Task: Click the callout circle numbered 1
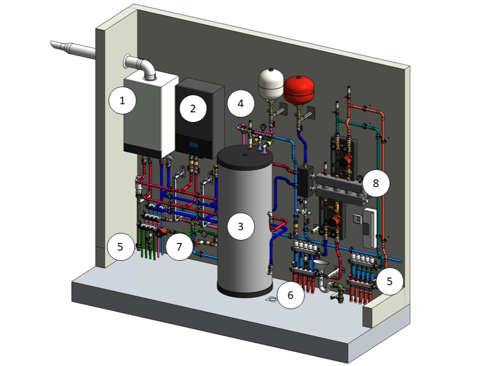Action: pyautogui.click(x=122, y=101)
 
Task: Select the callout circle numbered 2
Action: pyautogui.click(x=193, y=108)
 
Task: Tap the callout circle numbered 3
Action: pyautogui.click(x=240, y=227)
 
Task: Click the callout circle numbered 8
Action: pyautogui.click(x=376, y=183)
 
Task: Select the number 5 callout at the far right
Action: pyautogui.click(x=389, y=281)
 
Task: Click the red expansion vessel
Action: pyautogui.click(x=299, y=90)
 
